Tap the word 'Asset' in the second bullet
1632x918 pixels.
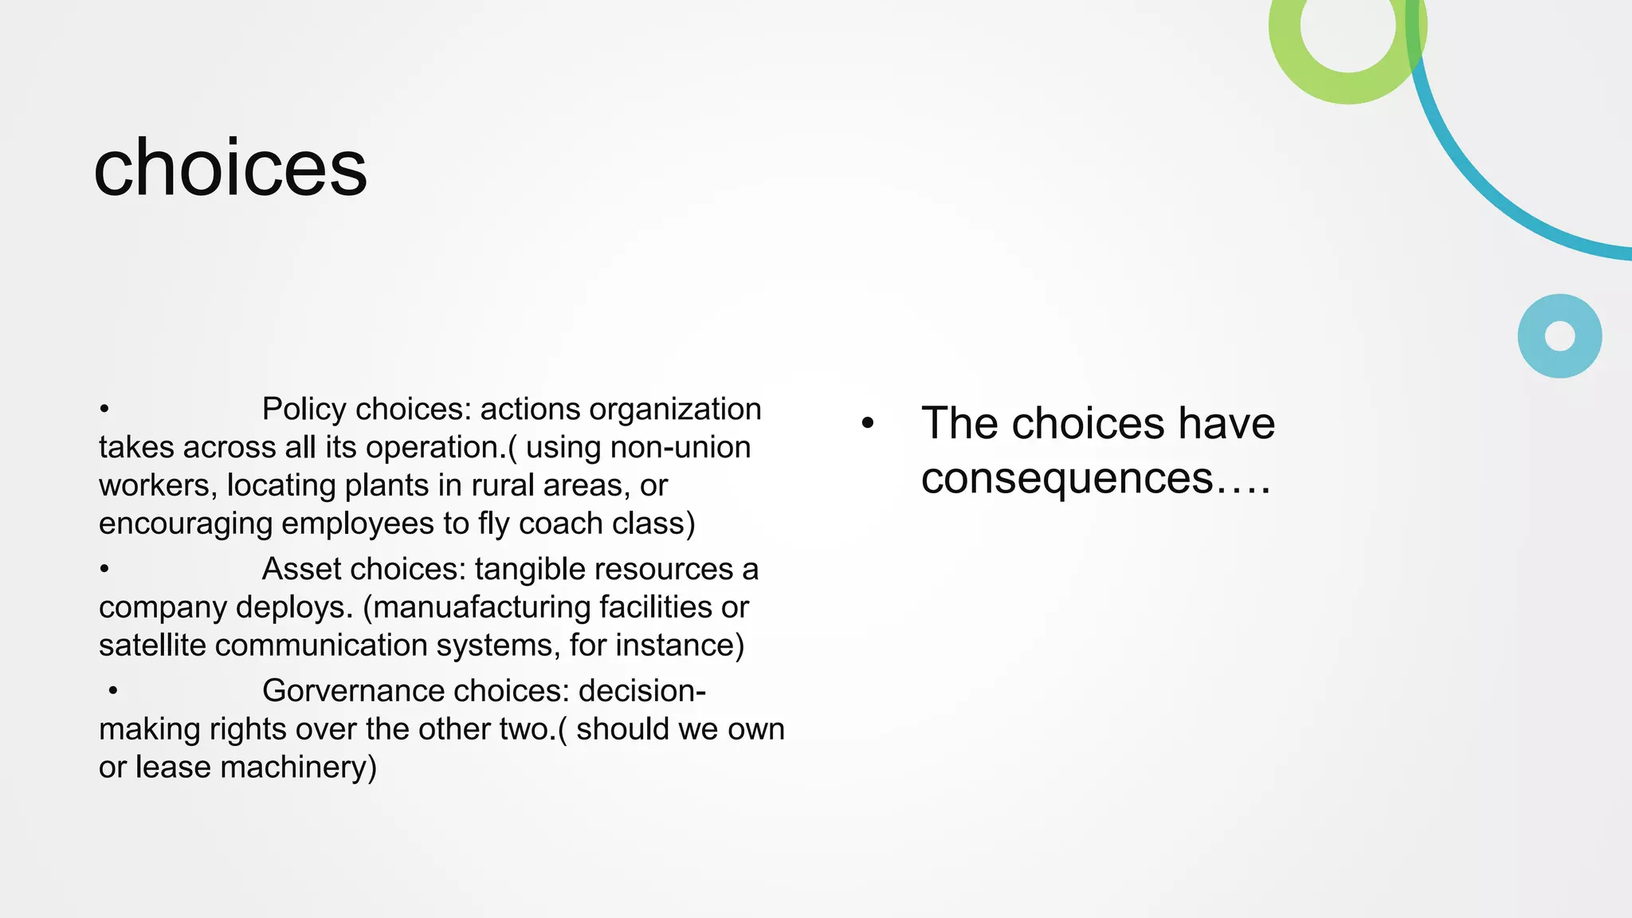click(x=301, y=570)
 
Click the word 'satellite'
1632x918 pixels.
click(x=152, y=645)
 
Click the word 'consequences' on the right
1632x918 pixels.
click(x=1066, y=479)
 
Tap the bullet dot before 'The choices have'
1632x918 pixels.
click(x=868, y=424)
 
